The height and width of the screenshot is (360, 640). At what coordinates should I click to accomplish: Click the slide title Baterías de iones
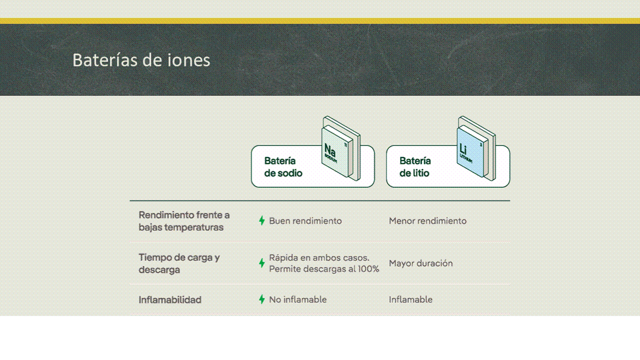coord(142,60)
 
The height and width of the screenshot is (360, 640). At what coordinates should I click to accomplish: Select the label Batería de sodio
coord(283,167)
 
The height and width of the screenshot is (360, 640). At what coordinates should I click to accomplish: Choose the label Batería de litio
coord(415,167)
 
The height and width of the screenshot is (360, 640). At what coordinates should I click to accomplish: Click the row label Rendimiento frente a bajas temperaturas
coord(184,221)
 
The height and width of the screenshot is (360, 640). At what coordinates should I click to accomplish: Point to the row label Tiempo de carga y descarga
coord(179,263)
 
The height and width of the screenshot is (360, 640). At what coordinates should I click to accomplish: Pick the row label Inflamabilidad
coord(170,300)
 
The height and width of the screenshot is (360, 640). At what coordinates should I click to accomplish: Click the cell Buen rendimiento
coord(305,220)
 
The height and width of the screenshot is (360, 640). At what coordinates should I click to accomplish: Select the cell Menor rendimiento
coord(428,220)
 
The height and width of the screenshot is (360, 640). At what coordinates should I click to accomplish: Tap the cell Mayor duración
coord(421,263)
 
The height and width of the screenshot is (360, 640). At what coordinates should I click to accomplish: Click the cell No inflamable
coord(298,299)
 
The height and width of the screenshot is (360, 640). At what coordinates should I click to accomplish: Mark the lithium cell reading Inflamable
coord(411,299)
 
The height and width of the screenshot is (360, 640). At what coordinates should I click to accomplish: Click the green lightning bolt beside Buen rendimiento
coord(262,220)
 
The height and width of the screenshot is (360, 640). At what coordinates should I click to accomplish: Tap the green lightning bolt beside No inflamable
coord(262,299)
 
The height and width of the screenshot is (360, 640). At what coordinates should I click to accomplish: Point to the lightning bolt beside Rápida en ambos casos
coord(262,263)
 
